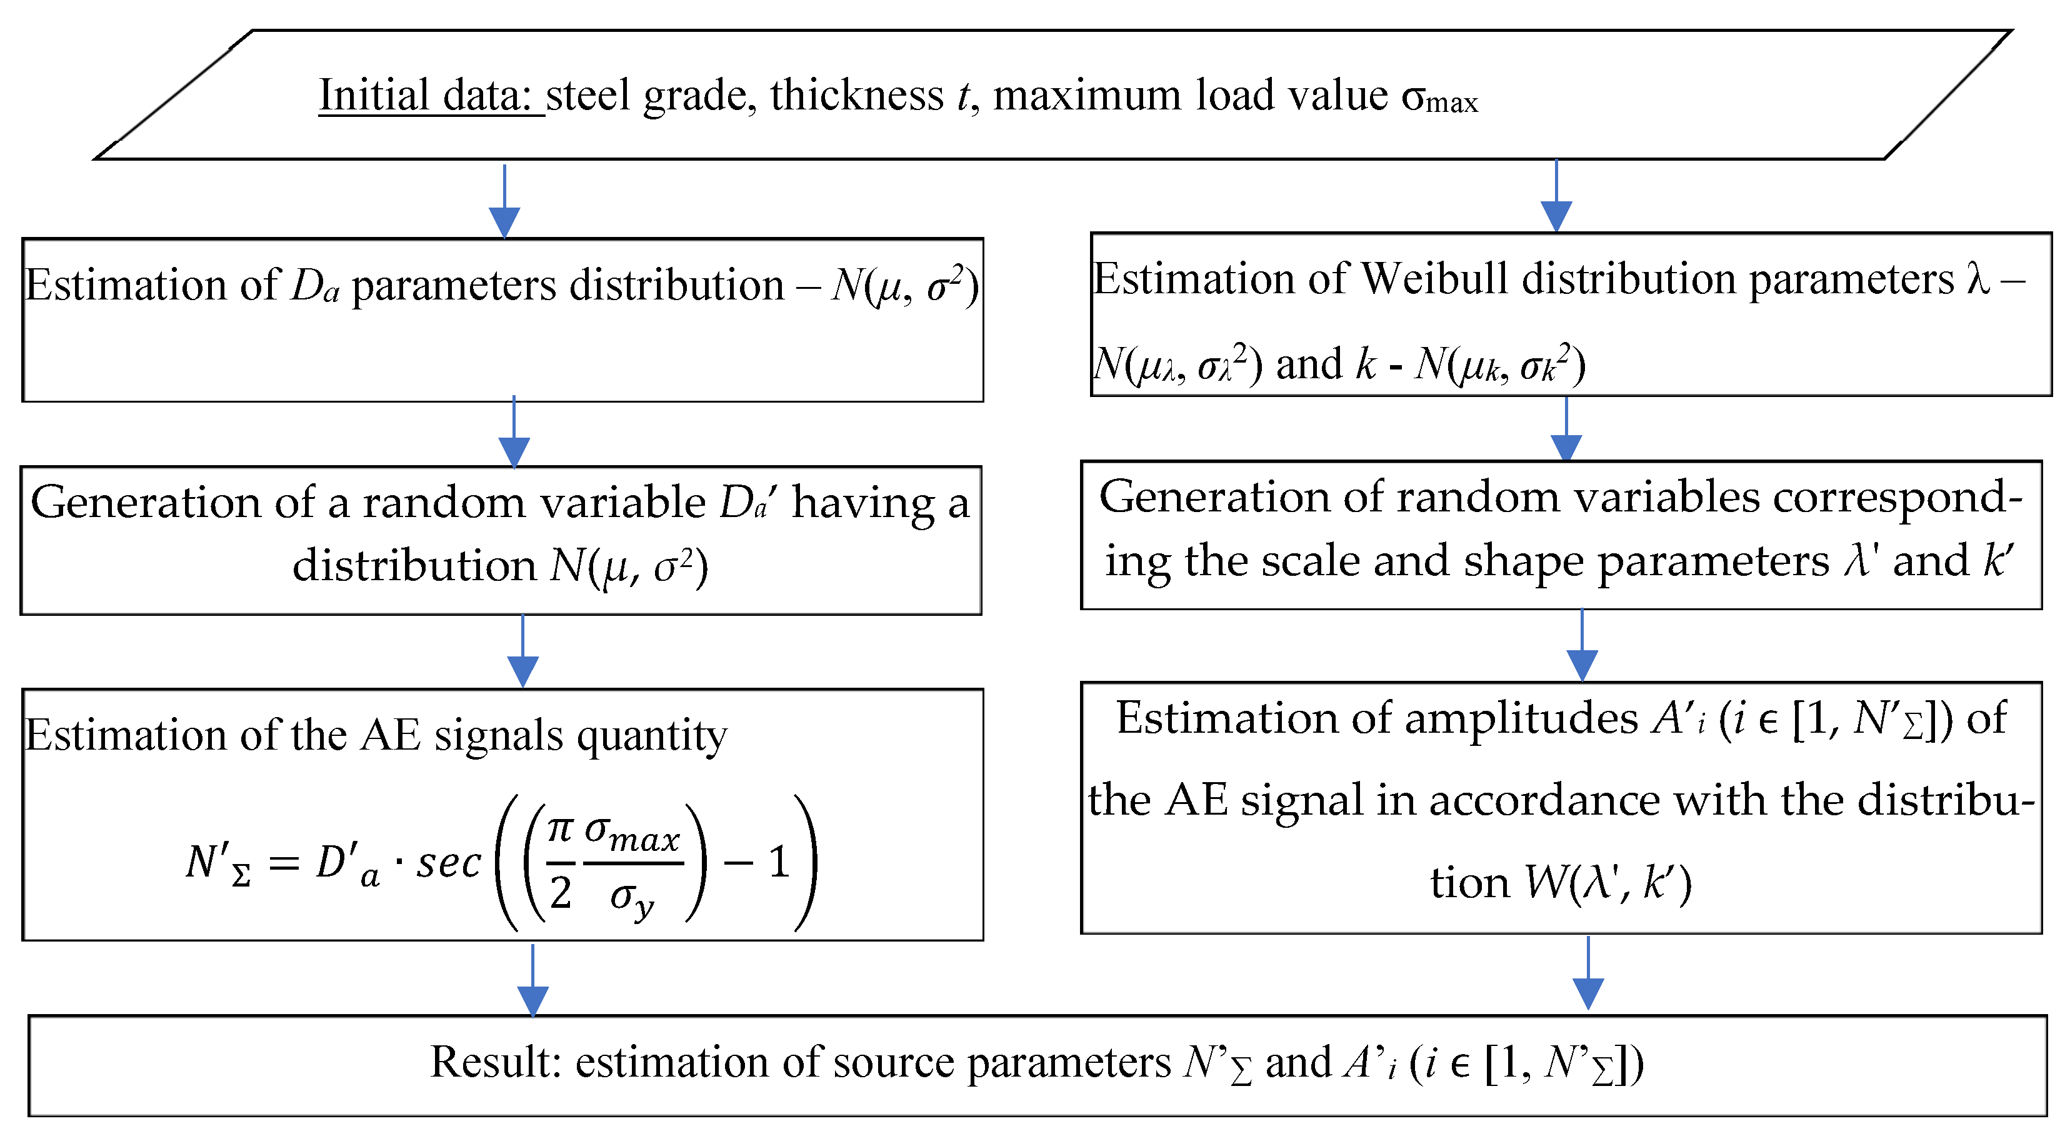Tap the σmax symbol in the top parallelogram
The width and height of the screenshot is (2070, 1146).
coord(1438,98)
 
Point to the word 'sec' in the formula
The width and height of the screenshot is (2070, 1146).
coord(447,864)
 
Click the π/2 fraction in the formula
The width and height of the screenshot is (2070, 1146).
coord(560,862)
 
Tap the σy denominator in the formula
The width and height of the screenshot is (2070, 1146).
coord(631,897)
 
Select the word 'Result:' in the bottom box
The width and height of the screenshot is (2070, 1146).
coord(495,1062)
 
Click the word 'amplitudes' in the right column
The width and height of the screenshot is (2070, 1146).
coord(1521,718)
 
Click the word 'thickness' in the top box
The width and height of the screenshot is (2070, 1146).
coord(857,96)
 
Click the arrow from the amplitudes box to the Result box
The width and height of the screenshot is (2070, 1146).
coord(1588,975)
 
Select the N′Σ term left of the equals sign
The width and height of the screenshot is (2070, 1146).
coord(217,864)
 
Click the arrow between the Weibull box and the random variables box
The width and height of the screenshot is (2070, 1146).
coord(1566,431)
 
